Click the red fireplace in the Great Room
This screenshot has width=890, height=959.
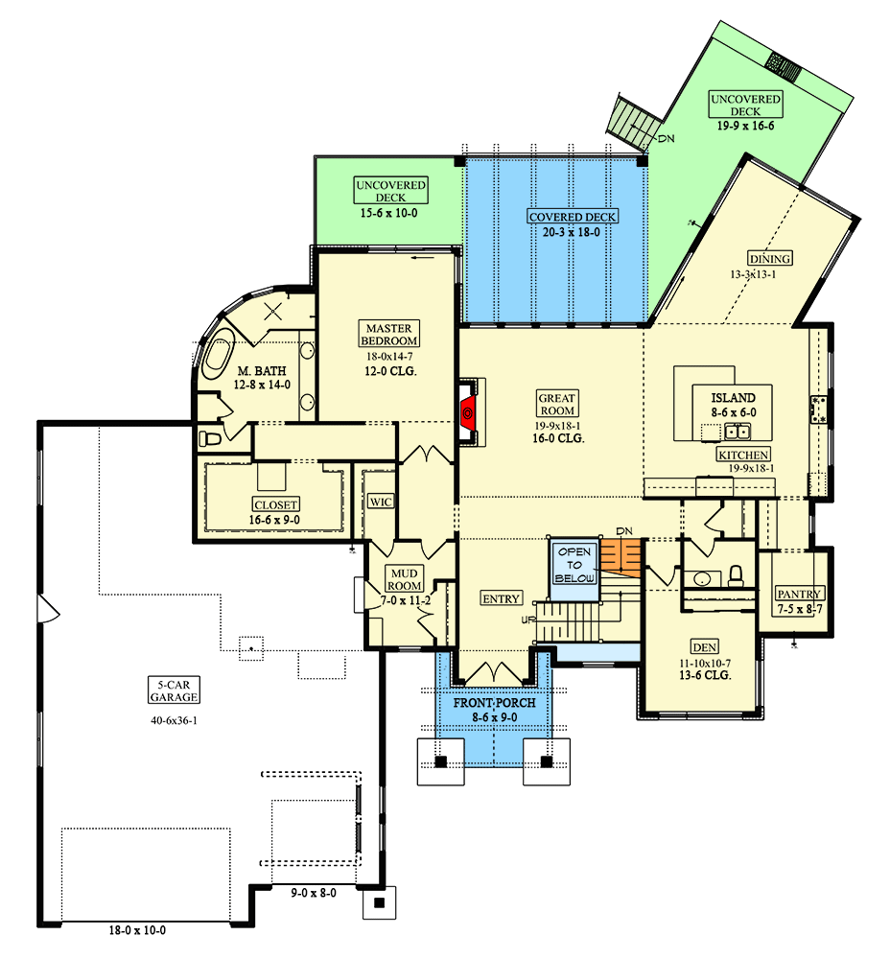(468, 412)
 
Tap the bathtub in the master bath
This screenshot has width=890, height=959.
(219, 355)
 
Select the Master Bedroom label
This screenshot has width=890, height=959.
(389, 335)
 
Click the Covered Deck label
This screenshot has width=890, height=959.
(573, 217)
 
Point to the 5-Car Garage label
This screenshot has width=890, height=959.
(175, 691)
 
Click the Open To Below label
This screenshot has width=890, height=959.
(574, 565)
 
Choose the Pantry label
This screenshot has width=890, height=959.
(800, 594)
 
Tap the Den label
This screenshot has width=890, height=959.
(704, 647)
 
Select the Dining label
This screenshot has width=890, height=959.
(770, 259)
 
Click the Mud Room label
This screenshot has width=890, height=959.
(405, 579)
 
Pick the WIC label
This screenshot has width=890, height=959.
(381, 503)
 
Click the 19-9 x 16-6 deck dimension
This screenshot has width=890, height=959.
(745, 126)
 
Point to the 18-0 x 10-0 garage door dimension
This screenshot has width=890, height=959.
(137, 930)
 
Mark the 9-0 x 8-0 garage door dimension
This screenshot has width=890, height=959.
(314, 893)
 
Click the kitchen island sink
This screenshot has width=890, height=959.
(738, 432)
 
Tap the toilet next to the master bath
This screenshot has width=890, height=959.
(210, 438)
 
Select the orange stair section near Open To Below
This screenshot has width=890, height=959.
(621, 558)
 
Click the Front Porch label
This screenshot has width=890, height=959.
(494, 703)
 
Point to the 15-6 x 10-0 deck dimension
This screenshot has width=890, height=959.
(389, 213)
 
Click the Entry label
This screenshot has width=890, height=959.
(501, 598)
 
